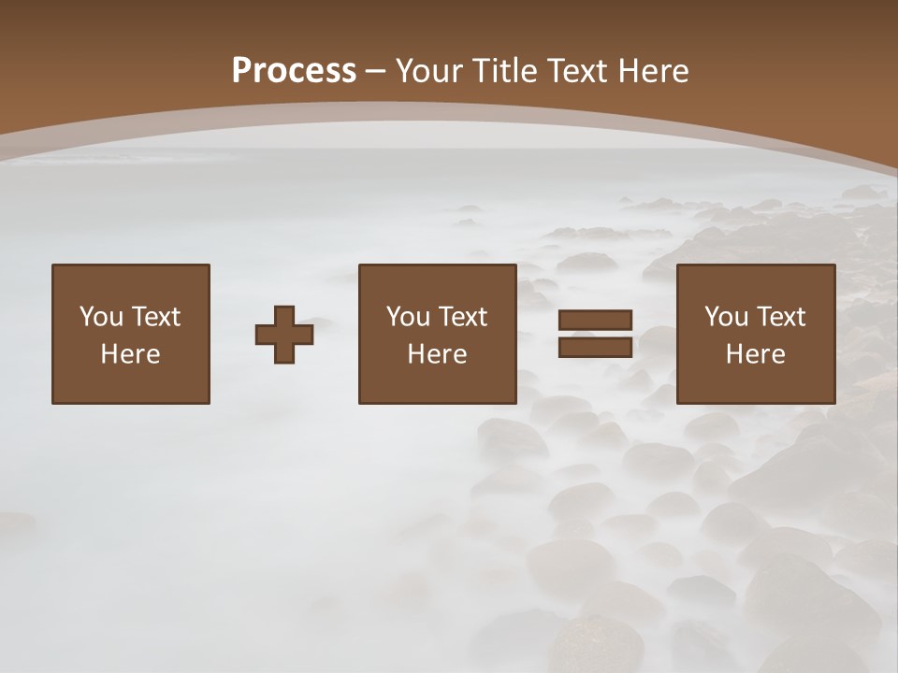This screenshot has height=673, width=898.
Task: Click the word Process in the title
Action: [x=294, y=71]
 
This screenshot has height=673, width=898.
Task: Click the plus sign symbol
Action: [x=284, y=335]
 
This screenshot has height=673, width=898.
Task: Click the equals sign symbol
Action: [x=595, y=334]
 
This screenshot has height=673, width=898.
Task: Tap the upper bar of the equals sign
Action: [x=595, y=321]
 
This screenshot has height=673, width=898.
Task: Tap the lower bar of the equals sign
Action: [x=595, y=347]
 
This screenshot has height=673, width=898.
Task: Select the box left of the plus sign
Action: [x=131, y=334]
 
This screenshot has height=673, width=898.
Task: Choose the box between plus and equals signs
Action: [x=437, y=334]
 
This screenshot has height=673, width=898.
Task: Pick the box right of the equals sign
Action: [x=755, y=334]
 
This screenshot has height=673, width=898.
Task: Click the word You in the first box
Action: [x=101, y=317]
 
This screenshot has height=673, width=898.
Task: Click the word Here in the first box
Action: [x=131, y=354]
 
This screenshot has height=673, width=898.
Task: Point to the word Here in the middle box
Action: [x=437, y=354]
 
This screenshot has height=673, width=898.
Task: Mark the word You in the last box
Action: [x=726, y=317]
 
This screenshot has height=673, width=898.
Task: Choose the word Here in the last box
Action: [x=755, y=354]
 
